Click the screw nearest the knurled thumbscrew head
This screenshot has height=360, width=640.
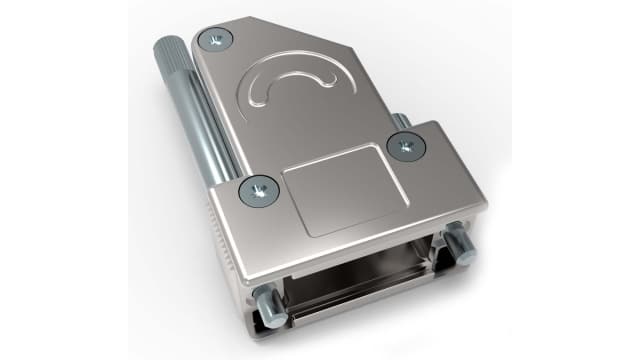pos(215,40)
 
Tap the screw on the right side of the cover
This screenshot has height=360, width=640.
pos(404,146)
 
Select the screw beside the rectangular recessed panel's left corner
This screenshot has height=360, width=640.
pos(257,187)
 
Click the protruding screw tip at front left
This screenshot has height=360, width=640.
pos(265,305)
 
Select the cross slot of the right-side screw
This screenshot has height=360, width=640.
pos(404,146)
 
